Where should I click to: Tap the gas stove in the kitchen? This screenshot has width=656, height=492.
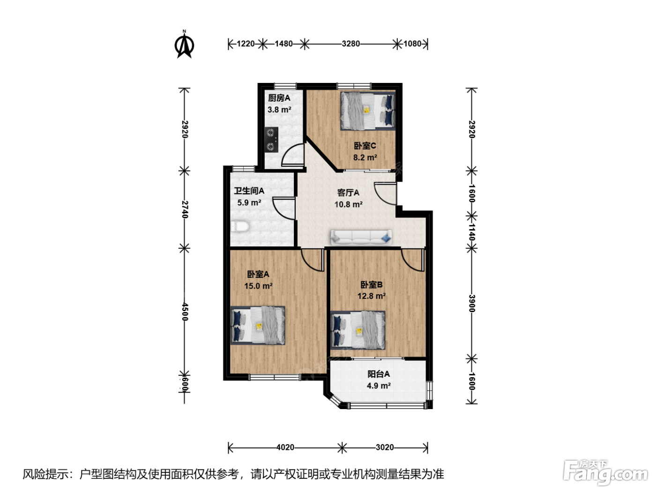pyautogui.click(x=271, y=139)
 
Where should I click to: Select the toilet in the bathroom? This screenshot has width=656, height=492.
pyautogui.click(x=240, y=226)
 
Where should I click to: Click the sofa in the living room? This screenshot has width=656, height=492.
pyautogui.click(x=361, y=237)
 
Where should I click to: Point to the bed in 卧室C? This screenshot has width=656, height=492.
pyautogui.click(x=368, y=111)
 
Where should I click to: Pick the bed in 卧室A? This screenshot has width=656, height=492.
pyautogui.click(x=258, y=325)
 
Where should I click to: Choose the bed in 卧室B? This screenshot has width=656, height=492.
pyautogui.click(x=358, y=330)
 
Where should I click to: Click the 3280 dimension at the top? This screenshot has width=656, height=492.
pyautogui.click(x=350, y=44)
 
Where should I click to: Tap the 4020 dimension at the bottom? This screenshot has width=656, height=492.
pyautogui.click(x=285, y=447)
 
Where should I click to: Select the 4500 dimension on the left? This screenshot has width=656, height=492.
pyautogui.click(x=185, y=312)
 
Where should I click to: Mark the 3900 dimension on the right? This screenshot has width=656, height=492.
pyautogui.click(x=471, y=303)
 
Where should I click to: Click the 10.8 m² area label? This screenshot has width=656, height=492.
pyautogui.click(x=349, y=204)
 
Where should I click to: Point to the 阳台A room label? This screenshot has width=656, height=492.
pyautogui.click(x=378, y=374)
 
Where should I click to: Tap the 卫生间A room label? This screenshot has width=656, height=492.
pyautogui.click(x=249, y=191)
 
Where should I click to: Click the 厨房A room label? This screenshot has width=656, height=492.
pyautogui.click(x=279, y=98)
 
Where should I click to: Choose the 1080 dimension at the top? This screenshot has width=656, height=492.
pyautogui.click(x=412, y=44)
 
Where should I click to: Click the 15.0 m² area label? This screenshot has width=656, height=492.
pyautogui.click(x=258, y=286)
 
